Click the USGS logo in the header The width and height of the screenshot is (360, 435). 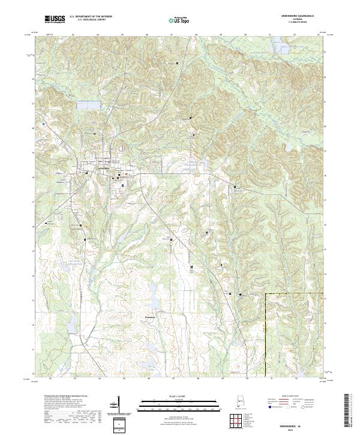[x=55, y=19]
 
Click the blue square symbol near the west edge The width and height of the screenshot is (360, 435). [x=44, y=124]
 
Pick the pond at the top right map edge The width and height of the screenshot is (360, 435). [x=277, y=43]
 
